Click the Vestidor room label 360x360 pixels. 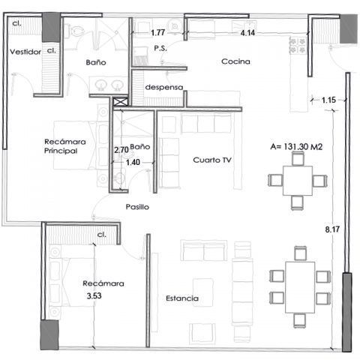(x=25, y=52)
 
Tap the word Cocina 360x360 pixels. (x=235, y=61)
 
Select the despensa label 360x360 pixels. (x=164, y=87)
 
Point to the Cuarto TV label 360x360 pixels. (x=212, y=160)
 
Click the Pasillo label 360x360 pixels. (x=137, y=207)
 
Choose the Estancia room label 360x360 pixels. (x=182, y=298)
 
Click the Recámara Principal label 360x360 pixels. (x=65, y=146)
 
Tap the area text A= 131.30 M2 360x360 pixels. (x=296, y=146)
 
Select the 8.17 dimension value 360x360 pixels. (x=332, y=229)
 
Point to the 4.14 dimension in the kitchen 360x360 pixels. (x=247, y=33)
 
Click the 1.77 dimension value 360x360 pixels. (x=158, y=32)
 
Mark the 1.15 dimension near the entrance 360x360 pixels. (x=328, y=100)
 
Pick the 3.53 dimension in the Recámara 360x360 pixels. (x=94, y=295)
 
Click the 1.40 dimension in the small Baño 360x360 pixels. (x=133, y=163)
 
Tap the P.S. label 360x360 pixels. (x=160, y=48)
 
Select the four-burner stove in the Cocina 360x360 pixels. (x=298, y=46)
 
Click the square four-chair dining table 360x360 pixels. (x=298, y=181)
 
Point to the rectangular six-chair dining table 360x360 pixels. (x=300, y=287)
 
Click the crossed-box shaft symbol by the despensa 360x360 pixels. (x=121, y=102)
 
